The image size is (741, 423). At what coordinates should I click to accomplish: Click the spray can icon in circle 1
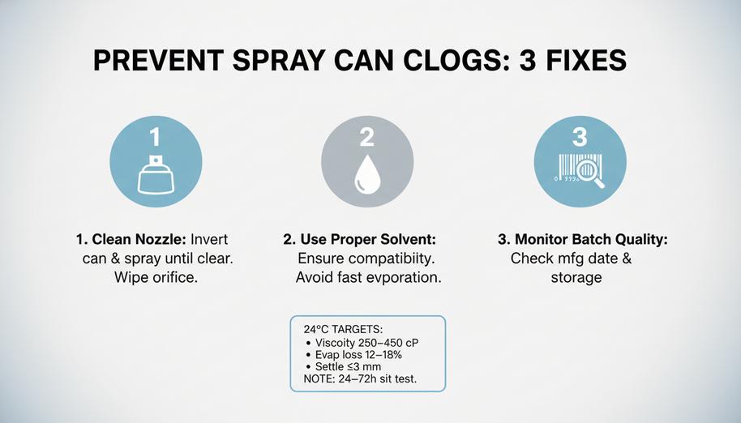156,174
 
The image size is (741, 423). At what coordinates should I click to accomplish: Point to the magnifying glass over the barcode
590,173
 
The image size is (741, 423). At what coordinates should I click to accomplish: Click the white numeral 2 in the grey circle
367,138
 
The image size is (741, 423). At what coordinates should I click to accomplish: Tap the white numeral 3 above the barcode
580,138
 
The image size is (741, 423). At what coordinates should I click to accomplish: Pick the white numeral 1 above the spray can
155,138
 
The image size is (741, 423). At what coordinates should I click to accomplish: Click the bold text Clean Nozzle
139,239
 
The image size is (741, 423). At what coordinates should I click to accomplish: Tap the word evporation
406,277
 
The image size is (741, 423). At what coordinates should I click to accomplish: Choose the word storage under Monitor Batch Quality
576,278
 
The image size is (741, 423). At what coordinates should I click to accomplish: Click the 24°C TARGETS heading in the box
343,329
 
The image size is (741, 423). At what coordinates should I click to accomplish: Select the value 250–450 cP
388,343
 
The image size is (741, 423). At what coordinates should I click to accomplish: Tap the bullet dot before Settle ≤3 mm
309,367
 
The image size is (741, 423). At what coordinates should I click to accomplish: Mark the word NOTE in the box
318,378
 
